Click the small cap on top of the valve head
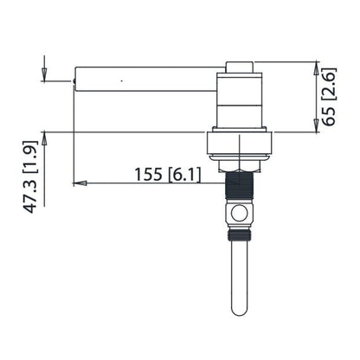point(241,67)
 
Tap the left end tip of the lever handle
point(74,82)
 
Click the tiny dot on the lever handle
point(121,80)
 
